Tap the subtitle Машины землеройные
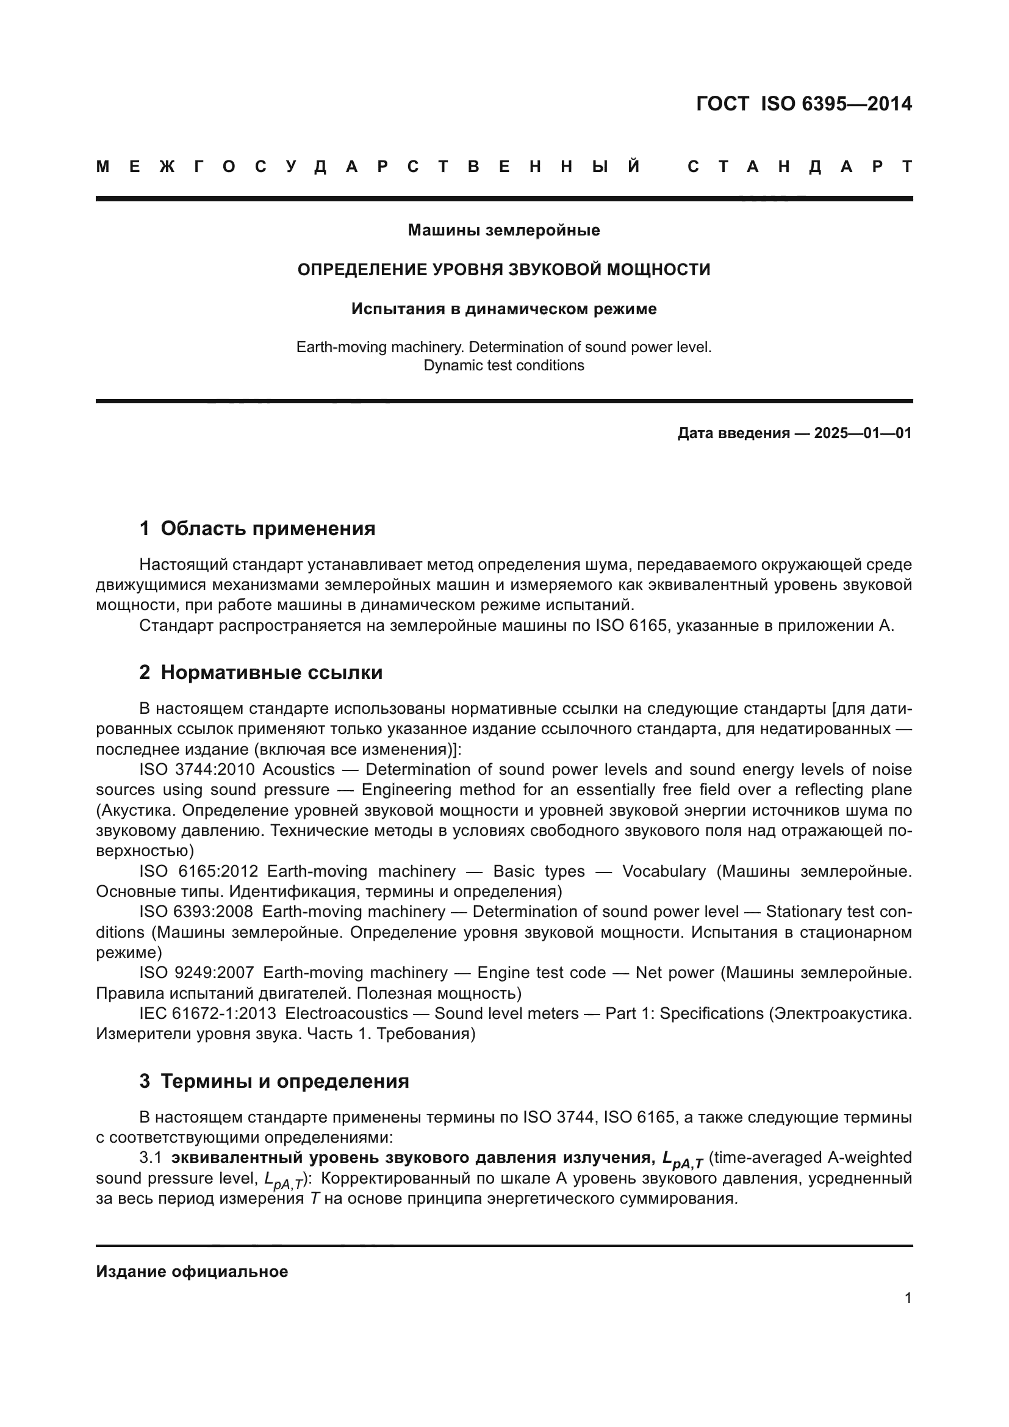[x=503, y=231]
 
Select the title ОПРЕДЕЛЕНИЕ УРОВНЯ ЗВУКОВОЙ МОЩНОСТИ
[x=503, y=270]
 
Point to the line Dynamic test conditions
[x=503, y=365]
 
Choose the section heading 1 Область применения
[x=257, y=528]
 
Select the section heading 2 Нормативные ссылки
[x=261, y=672]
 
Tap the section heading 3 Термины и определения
[x=274, y=1082]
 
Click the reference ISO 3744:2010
[x=196, y=770]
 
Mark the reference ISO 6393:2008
[x=196, y=912]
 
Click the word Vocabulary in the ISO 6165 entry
[x=664, y=872]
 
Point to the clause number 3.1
[x=150, y=1158]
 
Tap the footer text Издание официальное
[x=192, y=1271]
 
